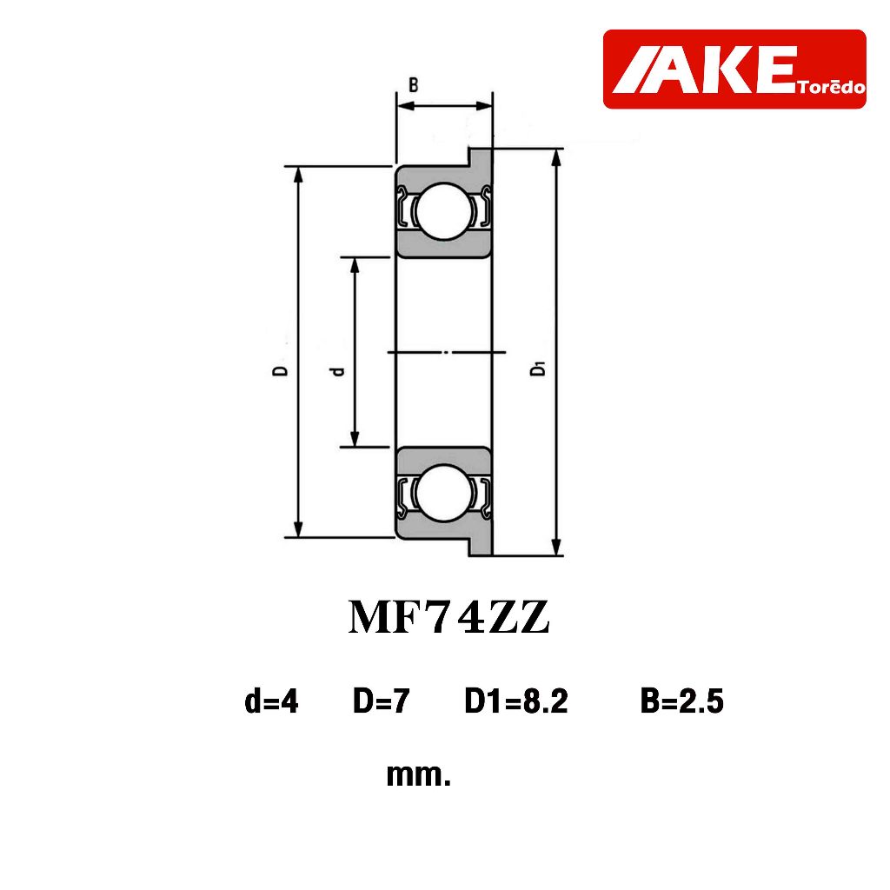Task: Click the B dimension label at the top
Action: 414,85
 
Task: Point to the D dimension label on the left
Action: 281,370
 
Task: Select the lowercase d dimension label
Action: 338,371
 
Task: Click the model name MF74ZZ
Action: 448,618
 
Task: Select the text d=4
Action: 271,701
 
